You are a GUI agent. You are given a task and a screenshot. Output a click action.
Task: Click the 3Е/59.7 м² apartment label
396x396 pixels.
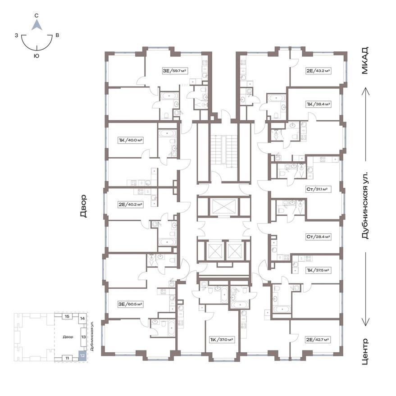pos(174,71)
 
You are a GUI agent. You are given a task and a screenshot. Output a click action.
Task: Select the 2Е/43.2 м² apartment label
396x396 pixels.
pos(318,71)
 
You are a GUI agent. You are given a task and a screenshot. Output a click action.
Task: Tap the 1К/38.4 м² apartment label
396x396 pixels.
pos(319,104)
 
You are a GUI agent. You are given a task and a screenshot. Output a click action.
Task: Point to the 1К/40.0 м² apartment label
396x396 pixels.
pos(131,140)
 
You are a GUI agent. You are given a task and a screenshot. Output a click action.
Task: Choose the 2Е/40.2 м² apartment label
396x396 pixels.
pos(131,205)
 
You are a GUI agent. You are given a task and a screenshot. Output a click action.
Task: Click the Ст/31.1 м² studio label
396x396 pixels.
pos(318,189)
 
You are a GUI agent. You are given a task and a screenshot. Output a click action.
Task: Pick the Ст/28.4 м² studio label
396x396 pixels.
pos(318,237)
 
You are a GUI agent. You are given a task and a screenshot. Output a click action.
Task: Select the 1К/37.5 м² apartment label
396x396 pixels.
pos(318,270)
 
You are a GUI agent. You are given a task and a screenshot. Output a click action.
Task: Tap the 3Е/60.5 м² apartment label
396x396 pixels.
pos(131,305)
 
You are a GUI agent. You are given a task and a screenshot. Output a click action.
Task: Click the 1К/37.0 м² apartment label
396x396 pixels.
pos(222,340)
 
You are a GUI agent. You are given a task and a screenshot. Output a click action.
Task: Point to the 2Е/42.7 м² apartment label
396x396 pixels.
pos(318,340)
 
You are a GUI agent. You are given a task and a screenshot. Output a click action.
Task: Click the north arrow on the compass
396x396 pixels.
pos(37,25)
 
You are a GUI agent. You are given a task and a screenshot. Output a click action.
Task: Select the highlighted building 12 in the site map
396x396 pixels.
pos(82,355)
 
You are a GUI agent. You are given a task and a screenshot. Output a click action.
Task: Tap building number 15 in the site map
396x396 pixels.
pos(67,316)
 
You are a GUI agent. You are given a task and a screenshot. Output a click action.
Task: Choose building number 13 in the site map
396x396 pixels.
pos(83,337)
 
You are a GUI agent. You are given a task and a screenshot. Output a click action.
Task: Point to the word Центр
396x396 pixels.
pos(365,351)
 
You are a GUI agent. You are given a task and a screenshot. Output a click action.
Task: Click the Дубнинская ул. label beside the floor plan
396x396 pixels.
pos(365,205)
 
